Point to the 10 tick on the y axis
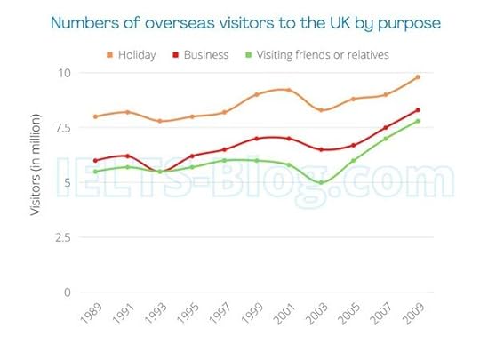[65, 72]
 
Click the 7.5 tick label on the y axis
[61, 127]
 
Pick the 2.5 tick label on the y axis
[61, 237]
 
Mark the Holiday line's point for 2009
[418, 76]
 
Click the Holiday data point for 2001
[289, 90]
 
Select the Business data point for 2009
[418, 110]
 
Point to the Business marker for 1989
[95, 160]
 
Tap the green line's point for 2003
[321, 182]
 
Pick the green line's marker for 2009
[418, 121]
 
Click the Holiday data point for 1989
[95, 116]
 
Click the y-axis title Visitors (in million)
[36, 165]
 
